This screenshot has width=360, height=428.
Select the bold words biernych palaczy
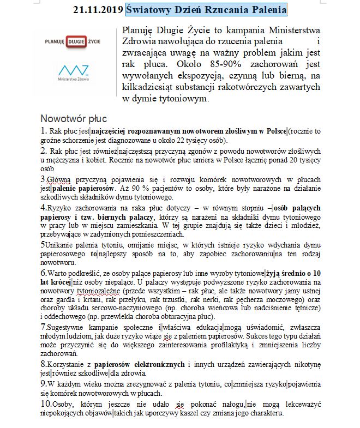116,217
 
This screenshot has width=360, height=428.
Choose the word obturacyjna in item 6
164,316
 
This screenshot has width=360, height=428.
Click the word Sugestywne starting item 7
65,327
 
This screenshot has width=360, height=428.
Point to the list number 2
44,150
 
